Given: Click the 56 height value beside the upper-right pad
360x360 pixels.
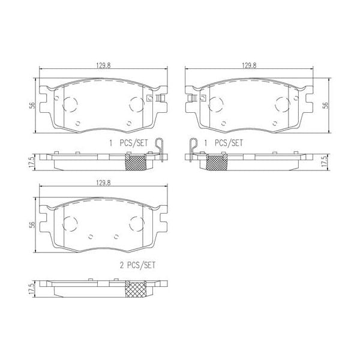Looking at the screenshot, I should (x=327, y=105).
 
